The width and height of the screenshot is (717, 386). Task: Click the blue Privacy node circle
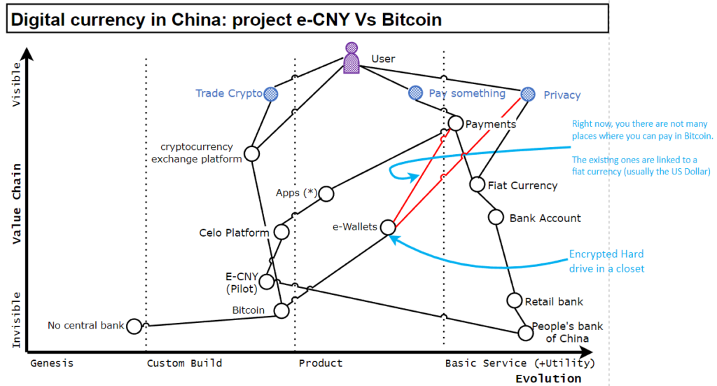[529, 94]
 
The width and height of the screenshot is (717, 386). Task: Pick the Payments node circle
[455, 123]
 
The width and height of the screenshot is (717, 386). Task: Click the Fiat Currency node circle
[477, 184]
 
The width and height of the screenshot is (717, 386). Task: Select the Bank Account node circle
[496, 217]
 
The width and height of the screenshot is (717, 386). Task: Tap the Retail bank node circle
[514, 301]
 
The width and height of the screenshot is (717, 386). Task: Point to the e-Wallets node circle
[389, 226]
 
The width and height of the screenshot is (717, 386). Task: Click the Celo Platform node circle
[281, 232]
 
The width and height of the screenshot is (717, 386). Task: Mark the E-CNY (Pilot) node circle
[267, 281]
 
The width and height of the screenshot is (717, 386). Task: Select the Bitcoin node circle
[282, 310]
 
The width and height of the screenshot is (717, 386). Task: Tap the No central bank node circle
[134, 325]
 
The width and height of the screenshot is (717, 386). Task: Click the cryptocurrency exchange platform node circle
[252, 153]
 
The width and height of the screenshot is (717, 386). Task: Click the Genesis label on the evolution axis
[52, 363]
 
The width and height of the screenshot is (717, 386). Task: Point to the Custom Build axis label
[184, 363]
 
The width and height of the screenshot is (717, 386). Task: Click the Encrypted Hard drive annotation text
[606, 261]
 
